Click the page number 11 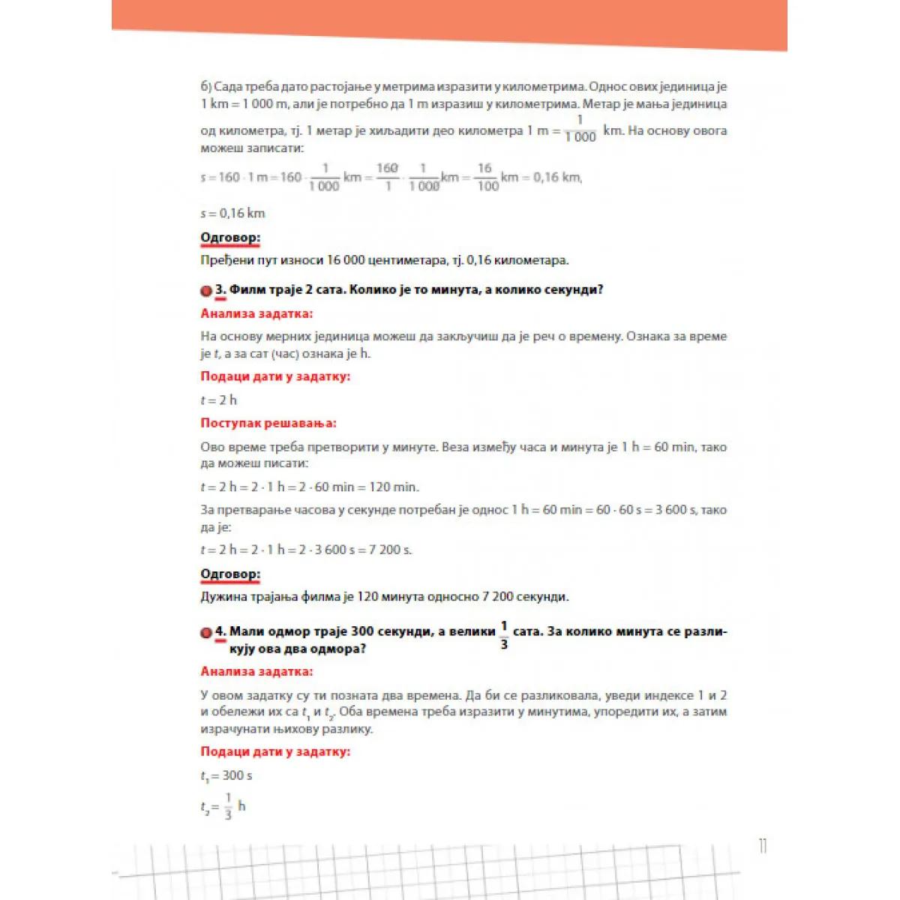coord(763,847)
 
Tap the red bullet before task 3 coord(206,290)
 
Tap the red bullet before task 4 coord(206,632)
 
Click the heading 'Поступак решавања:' coord(268,423)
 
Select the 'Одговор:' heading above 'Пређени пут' coord(229,238)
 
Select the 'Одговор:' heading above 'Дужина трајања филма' coord(229,574)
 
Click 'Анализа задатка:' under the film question coord(256,313)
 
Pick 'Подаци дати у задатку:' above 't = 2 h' coord(274,376)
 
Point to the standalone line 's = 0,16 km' coord(232,213)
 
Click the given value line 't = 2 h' coord(218,400)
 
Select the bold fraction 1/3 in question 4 coord(504,634)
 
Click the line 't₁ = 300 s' coord(226,775)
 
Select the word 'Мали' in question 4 coord(246,631)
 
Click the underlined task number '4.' coord(220,631)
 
